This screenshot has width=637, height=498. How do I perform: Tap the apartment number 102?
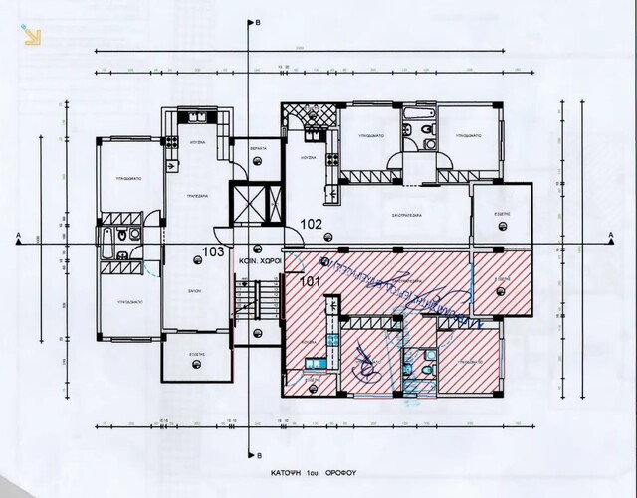click(313, 224)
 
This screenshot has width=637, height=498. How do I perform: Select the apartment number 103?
click(213, 252)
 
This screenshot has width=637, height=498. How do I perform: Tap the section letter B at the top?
click(258, 21)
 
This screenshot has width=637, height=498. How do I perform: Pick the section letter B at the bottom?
click(258, 449)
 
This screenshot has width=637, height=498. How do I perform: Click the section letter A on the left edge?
click(19, 235)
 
